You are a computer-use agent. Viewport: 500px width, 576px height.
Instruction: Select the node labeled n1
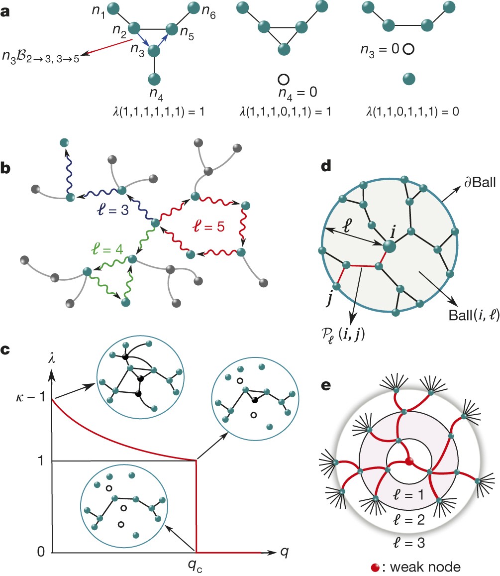click(113, 8)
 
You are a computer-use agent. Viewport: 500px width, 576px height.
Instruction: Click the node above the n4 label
click(155, 79)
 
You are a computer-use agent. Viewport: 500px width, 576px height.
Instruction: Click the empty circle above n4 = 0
click(283, 79)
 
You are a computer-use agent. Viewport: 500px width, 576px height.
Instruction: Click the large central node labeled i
click(389, 245)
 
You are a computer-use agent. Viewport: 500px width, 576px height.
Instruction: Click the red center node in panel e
click(409, 461)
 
